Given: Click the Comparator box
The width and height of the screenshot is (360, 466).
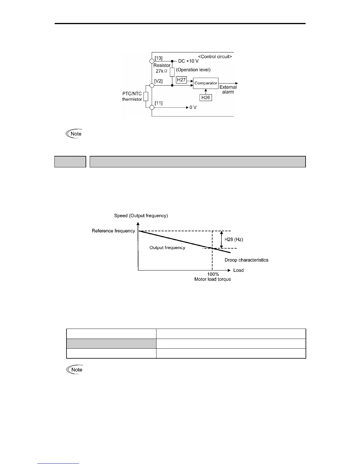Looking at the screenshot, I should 206,83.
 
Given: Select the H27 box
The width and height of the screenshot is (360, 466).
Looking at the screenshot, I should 181,80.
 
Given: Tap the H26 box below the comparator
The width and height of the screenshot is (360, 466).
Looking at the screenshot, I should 206,97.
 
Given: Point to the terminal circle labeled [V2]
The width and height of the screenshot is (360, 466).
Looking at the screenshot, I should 152,85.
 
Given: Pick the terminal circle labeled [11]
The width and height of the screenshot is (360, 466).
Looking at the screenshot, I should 152,107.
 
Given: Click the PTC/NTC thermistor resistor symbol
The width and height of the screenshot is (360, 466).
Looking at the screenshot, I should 146,96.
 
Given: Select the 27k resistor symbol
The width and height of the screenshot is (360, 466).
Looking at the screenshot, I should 172,72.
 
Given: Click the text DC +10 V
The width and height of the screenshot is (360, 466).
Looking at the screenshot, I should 188,61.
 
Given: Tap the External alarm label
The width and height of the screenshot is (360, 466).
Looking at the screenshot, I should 228,89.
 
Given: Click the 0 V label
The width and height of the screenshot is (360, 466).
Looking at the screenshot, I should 193,108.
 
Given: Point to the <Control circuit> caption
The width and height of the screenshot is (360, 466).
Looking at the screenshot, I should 215,56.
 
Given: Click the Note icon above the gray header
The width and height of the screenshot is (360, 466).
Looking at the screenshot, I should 74,134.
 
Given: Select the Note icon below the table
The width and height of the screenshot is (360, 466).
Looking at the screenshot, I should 75,370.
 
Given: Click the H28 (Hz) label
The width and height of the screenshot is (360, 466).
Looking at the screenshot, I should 234,239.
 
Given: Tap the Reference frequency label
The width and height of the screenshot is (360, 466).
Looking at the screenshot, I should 113,231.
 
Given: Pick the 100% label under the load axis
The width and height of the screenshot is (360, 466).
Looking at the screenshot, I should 213,274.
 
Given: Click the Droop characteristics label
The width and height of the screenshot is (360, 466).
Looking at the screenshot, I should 246,260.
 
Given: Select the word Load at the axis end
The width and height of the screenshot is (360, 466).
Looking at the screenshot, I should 238,270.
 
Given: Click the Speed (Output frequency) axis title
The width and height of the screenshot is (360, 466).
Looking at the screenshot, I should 141,216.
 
